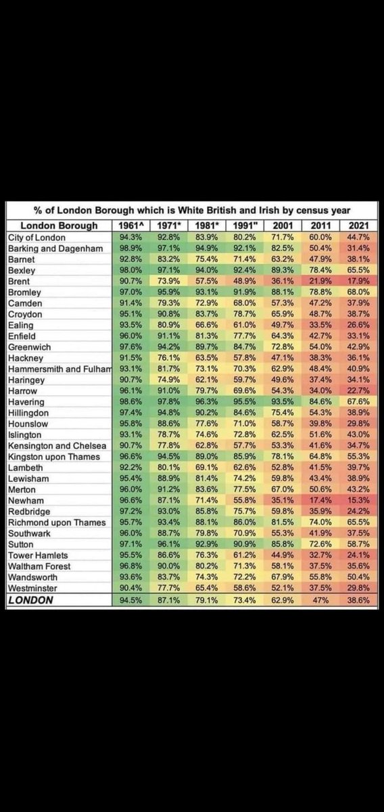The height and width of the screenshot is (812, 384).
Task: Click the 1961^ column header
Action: (130, 225)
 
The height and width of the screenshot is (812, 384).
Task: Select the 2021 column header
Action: (358, 225)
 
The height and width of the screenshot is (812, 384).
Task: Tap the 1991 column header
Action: (245, 225)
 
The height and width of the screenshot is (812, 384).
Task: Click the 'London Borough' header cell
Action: (59, 225)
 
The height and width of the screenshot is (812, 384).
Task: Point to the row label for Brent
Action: (19, 281)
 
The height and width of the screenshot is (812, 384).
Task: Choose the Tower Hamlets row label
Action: (38, 556)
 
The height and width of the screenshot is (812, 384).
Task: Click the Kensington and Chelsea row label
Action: (57, 445)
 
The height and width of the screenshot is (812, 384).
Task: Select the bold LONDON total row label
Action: (30, 600)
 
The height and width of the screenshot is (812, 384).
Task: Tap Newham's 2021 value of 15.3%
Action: (358, 500)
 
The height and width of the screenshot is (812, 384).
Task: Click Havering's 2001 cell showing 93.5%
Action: (283, 402)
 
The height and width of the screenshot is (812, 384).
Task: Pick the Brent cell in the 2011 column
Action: (320, 281)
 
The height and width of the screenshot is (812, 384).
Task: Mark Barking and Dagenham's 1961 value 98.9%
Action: (130, 248)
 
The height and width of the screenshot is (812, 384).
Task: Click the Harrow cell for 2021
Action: (358, 390)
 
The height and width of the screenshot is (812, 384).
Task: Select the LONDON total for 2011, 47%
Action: (320, 600)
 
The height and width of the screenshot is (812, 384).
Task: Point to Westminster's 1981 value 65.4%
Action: (206, 587)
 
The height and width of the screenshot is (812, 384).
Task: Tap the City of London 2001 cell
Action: (283, 237)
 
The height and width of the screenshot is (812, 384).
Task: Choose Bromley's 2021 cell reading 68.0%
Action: (358, 292)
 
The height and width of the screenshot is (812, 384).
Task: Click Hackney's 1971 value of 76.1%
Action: (168, 358)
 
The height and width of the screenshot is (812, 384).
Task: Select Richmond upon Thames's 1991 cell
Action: (245, 522)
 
